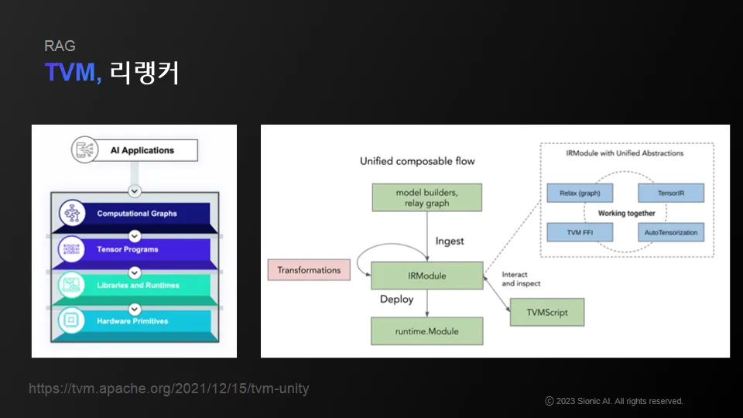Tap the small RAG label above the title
tap(60, 46)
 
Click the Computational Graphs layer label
tap(137, 214)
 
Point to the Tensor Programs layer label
tap(128, 249)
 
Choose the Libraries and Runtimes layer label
tap(138, 285)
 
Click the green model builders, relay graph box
tap(427, 197)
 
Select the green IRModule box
tap(427, 275)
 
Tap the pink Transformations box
tap(309, 270)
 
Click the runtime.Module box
tap(427, 331)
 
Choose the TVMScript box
tap(547, 313)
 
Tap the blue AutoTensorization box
tap(670, 232)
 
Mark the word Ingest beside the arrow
tap(450, 241)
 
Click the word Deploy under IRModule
tap(396, 299)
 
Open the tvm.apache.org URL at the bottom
tap(169, 389)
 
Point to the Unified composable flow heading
tap(417, 161)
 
